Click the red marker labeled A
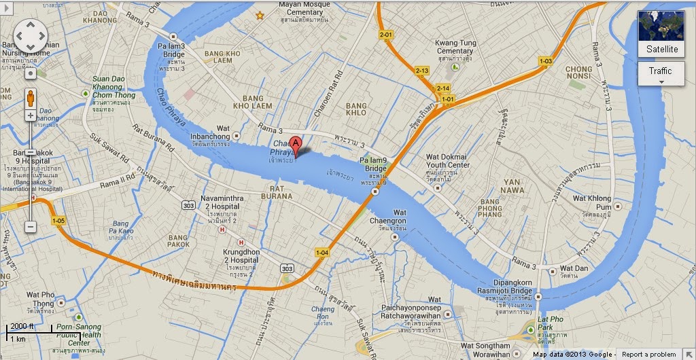(x=296, y=144)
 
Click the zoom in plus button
(x=31, y=115)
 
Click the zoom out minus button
(x=31, y=226)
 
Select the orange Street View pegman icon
(x=31, y=97)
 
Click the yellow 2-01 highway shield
(x=386, y=34)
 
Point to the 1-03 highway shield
(x=545, y=61)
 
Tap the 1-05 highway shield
(x=58, y=221)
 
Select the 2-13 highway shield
(x=422, y=71)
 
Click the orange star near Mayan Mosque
(x=259, y=15)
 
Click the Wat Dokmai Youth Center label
(x=447, y=161)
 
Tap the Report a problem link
(x=648, y=355)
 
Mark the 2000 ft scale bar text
(x=22, y=327)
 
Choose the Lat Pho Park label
(x=551, y=323)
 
